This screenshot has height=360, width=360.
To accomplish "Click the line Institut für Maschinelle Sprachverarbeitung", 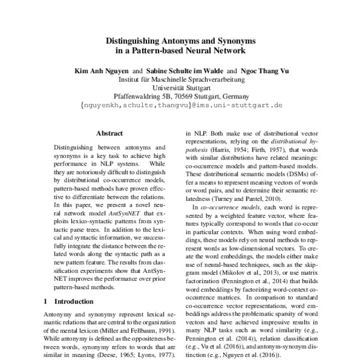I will click(180, 79).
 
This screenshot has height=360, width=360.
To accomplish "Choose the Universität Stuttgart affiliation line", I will click(180, 87).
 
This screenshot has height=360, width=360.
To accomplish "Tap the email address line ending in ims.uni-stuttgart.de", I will click(180, 104).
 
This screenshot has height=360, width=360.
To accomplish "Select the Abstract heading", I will click(109, 133).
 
